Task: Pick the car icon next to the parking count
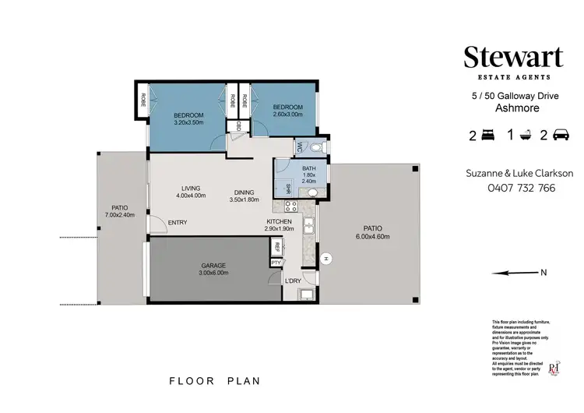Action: [559, 136]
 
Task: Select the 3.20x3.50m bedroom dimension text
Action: [188, 122]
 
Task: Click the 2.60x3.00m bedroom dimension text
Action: [284, 113]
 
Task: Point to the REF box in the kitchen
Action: [276, 246]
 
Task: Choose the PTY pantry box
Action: [276, 263]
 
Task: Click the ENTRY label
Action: [178, 224]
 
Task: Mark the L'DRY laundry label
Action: [293, 281]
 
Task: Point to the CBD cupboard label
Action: [238, 126]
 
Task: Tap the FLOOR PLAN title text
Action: [215, 381]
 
